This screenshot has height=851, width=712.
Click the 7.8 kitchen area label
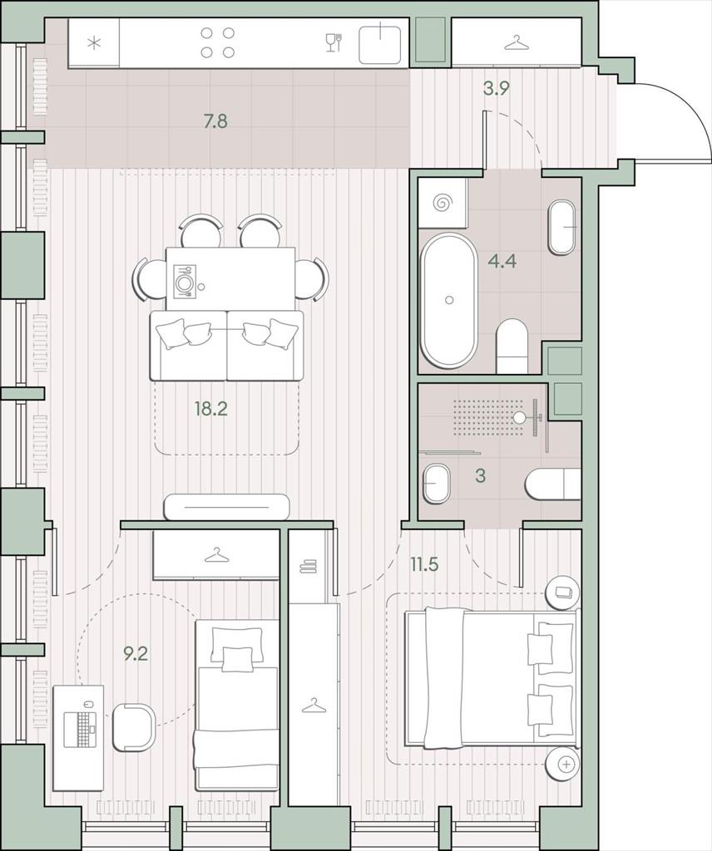click(215, 121)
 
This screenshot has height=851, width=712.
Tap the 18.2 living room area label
click(211, 409)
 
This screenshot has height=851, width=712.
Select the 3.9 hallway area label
click(497, 88)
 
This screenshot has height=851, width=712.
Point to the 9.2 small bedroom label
click(136, 654)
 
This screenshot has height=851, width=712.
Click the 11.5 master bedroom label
click(424, 564)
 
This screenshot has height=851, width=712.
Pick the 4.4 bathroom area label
click(502, 261)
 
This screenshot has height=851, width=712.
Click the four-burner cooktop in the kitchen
click(217, 42)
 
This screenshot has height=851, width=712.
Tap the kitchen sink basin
click(380, 42)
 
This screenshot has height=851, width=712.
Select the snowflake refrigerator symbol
click(95, 42)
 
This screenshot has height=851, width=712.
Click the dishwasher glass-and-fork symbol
click(334, 42)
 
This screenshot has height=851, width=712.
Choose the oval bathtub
click(450, 300)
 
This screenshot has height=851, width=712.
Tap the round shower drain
click(521, 417)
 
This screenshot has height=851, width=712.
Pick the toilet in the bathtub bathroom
click(512, 346)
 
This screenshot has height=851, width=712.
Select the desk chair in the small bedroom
click(134, 727)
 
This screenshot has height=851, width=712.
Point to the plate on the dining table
click(185, 281)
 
